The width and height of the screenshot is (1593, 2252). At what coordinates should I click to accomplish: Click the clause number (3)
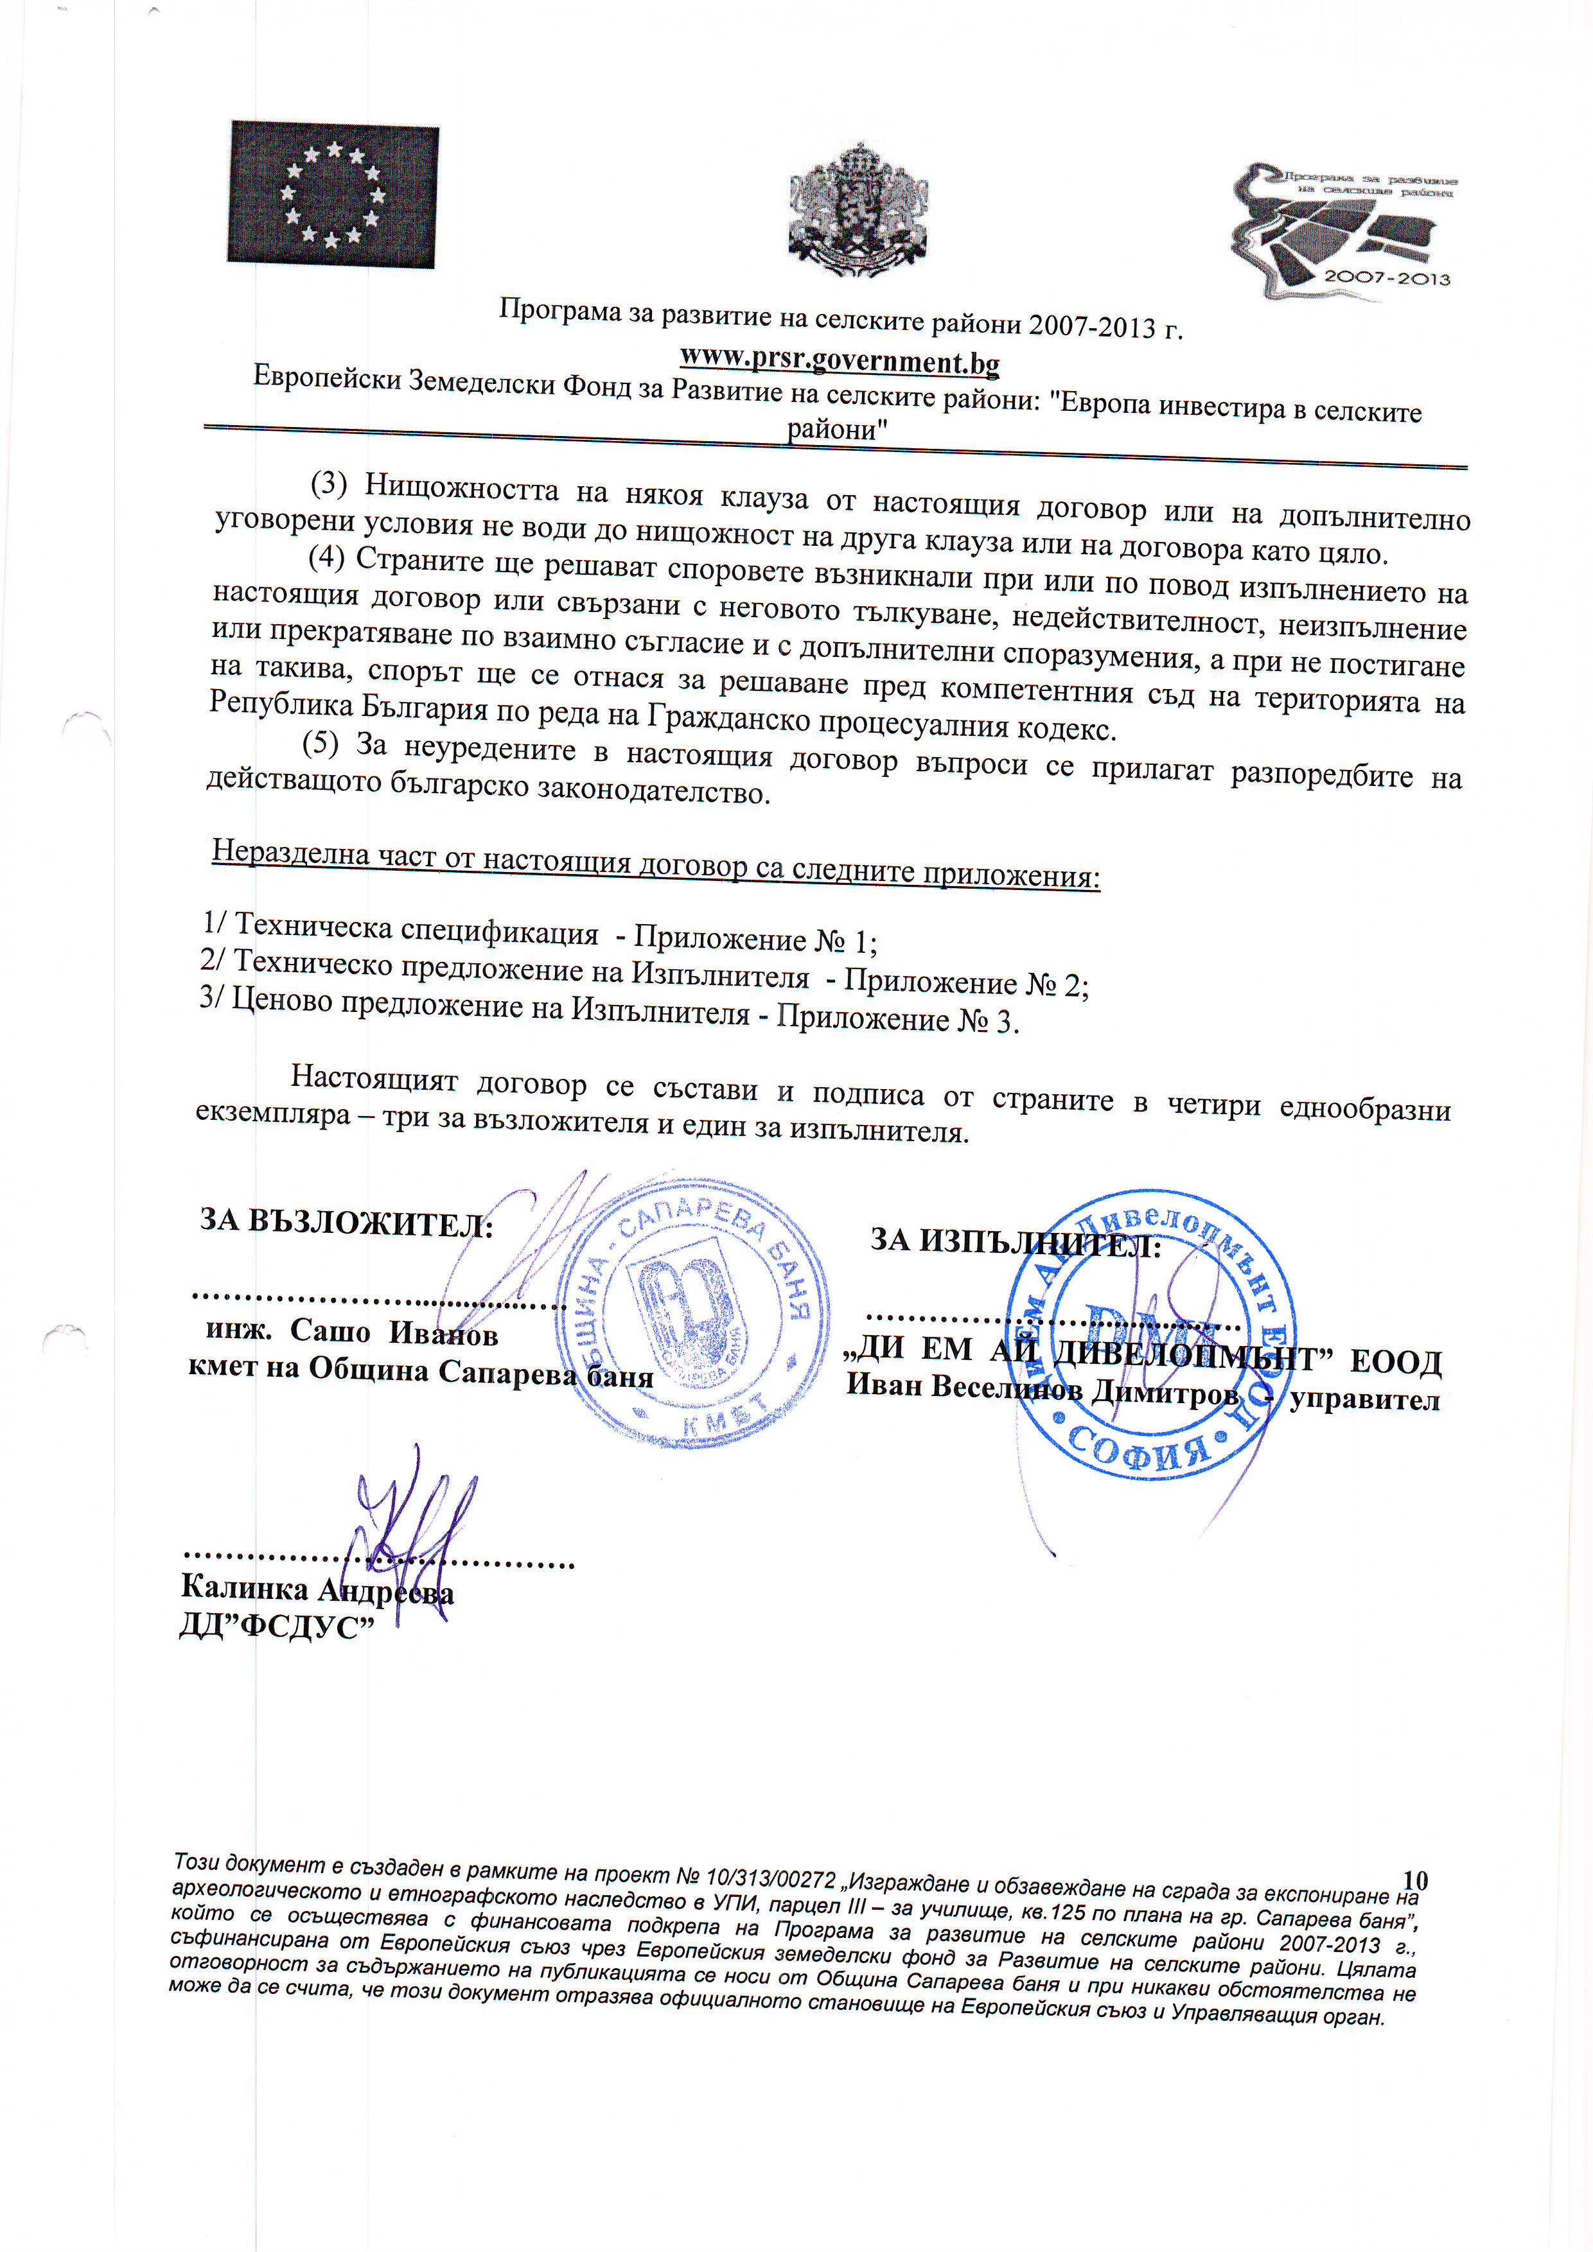(330, 484)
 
